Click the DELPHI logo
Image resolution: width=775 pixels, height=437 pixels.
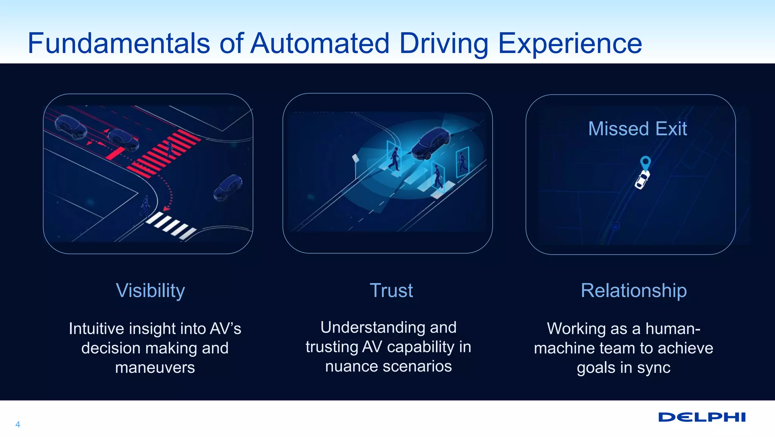pyautogui.click(x=702, y=417)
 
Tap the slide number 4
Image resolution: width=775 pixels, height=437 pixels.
pyautogui.click(x=18, y=425)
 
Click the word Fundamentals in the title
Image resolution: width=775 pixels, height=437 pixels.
pyautogui.click(x=119, y=43)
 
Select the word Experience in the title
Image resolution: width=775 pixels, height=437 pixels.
pyautogui.click(x=570, y=43)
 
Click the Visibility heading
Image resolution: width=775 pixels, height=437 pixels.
pyautogui.click(x=150, y=290)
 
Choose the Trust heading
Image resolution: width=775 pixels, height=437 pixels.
pyautogui.click(x=391, y=290)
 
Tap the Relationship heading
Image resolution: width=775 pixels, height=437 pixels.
pyautogui.click(x=633, y=290)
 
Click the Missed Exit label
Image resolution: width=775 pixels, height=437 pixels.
pyautogui.click(x=637, y=129)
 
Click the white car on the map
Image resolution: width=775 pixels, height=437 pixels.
pyautogui.click(x=642, y=180)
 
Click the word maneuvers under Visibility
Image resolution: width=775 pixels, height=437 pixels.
pyautogui.click(x=155, y=367)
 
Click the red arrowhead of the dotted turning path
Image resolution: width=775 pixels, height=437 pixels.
pyautogui.click(x=166, y=208)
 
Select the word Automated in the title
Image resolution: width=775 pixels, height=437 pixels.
pyautogui.click(x=320, y=43)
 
